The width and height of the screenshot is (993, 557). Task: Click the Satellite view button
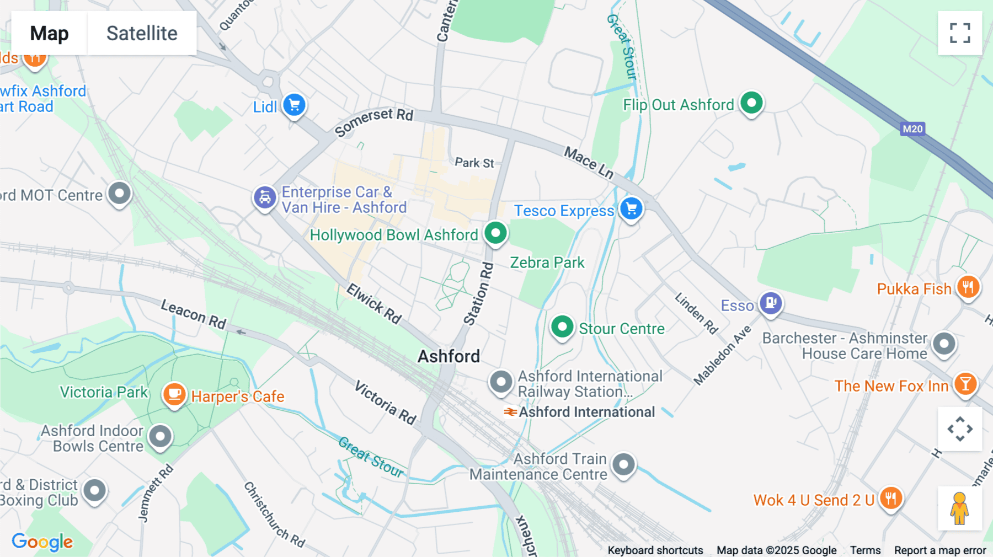(142, 33)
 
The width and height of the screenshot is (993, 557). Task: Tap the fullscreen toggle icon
(960, 33)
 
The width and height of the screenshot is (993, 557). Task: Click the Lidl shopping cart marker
(294, 104)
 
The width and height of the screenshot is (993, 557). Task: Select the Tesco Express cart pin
(631, 209)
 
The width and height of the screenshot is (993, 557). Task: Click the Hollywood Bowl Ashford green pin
(495, 233)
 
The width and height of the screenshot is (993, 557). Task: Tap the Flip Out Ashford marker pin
(751, 103)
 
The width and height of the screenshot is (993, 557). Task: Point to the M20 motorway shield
(912, 129)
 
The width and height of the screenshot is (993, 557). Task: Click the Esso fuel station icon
(771, 302)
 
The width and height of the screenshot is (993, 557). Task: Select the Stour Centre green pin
(562, 327)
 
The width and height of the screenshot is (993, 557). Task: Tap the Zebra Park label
(547, 263)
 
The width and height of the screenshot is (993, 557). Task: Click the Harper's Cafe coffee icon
(174, 394)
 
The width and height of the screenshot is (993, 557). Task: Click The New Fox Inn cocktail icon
(965, 384)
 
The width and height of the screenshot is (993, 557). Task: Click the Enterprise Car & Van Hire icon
(265, 197)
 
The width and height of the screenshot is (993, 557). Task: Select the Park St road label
(474, 163)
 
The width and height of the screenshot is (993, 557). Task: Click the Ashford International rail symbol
(510, 412)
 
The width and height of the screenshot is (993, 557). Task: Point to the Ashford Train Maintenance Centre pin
(623, 465)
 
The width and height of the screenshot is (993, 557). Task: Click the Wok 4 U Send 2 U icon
(890, 499)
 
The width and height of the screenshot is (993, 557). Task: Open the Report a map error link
(939, 550)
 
